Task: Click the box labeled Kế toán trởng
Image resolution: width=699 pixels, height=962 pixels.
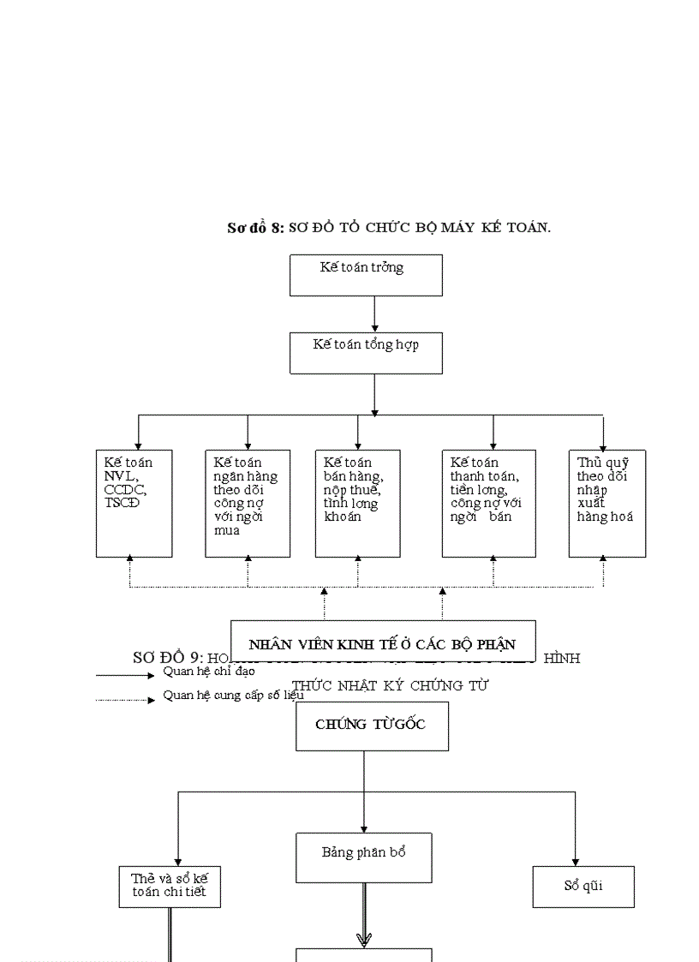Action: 366,275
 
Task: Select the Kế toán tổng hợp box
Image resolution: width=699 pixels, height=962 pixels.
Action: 366,352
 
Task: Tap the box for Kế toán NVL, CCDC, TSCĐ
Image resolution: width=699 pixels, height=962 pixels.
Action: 134,503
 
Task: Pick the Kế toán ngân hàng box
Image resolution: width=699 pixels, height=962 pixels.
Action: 247,503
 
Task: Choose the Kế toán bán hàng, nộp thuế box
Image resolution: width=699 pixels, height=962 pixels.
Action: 357,503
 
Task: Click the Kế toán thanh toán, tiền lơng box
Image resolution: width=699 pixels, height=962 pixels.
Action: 488,503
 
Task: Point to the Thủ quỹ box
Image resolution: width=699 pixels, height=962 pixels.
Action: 606,503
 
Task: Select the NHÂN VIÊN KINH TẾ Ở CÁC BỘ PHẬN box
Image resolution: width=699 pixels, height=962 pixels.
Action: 382,643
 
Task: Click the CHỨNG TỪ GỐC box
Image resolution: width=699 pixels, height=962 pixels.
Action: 372,725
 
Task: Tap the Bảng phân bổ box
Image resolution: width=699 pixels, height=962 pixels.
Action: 363,857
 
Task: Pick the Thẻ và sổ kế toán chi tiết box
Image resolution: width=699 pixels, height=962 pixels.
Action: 169,886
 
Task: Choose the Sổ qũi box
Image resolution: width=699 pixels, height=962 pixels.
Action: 582,886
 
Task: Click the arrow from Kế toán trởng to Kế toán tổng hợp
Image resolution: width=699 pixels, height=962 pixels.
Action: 374,314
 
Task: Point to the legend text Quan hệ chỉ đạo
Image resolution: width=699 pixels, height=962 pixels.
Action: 209,672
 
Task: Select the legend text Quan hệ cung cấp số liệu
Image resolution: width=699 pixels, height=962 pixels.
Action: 233,696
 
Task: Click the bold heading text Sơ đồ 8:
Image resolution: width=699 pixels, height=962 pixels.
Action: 254,228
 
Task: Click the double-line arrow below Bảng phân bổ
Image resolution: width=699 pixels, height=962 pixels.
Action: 364,915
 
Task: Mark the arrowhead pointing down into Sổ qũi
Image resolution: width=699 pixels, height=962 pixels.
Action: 575,860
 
